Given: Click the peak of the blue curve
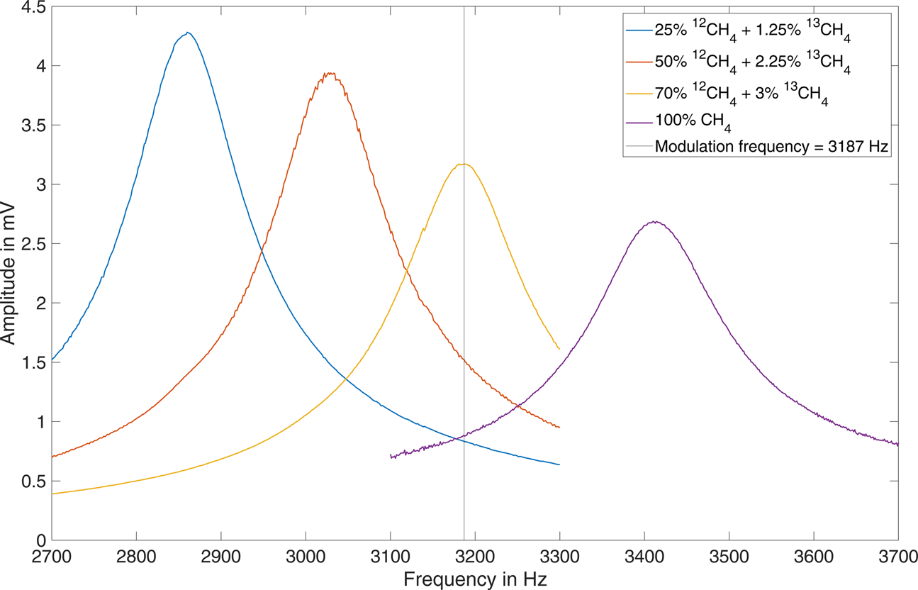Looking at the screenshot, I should (x=187, y=33).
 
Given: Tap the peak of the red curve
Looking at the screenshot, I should (x=329, y=73).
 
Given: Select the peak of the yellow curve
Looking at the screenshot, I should (x=464, y=164).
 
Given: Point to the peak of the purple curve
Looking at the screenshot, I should (x=656, y=221).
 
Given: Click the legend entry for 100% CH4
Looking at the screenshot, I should (x=693, y=121).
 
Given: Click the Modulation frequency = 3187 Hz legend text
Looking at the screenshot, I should (x=771, y=147).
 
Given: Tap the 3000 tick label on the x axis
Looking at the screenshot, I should (x=306, y=555).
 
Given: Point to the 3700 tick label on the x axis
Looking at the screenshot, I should (x=898, y=555).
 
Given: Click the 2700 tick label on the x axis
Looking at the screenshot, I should (x=52, y=555).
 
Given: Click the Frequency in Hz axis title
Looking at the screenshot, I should (x=475, y=578).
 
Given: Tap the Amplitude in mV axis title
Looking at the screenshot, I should (x=9, y=274).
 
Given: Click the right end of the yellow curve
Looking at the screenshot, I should (x=559, y=349).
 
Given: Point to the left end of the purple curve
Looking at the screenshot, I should (x=391, y=457).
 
